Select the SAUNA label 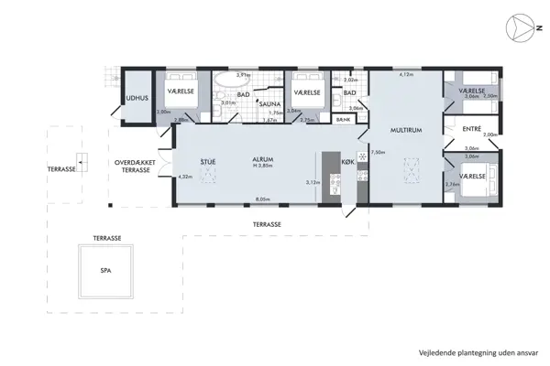[x=269, y=104]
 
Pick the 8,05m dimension [x=262, y=199]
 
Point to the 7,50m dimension [x=376, y=153]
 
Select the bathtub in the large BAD [x=225, y=97]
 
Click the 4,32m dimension [x=183, y=176]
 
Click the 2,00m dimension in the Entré [x=489, y=135]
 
